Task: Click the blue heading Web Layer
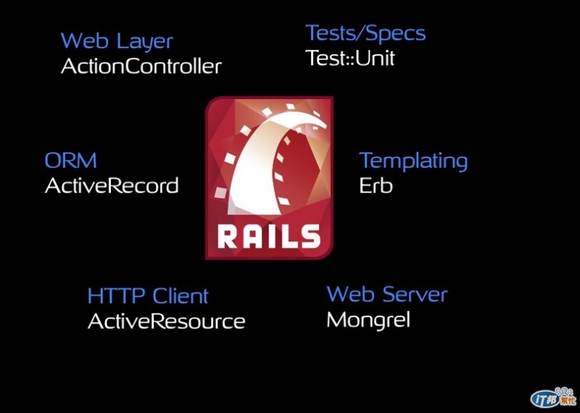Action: pyautogui.click(x=117, y=41)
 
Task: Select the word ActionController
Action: pyautogui.click(x=141, y=66)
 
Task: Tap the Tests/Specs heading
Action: pyautogui.click(x=365, y=33)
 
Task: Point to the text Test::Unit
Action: pyautogui.click(x=350, y=58)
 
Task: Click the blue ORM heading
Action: pyautogui.click(x=70, y=160)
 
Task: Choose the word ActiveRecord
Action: pyautogui.click(x=112, y=185)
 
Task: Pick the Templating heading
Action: pyautogui.click(x=413, y=161)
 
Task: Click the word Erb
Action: pyautogui.click(x=376, y=185)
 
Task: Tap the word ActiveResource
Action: pyautogui.click(x=166, y=321)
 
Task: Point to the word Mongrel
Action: pyautogui.click(x=368, y=320)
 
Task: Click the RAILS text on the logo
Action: pyautogui.click(x=268, y=236)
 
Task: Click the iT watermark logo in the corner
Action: pyautogui.click(x=552, y=396)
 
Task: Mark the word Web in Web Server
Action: pyautogui.click(x=351, y=294)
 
